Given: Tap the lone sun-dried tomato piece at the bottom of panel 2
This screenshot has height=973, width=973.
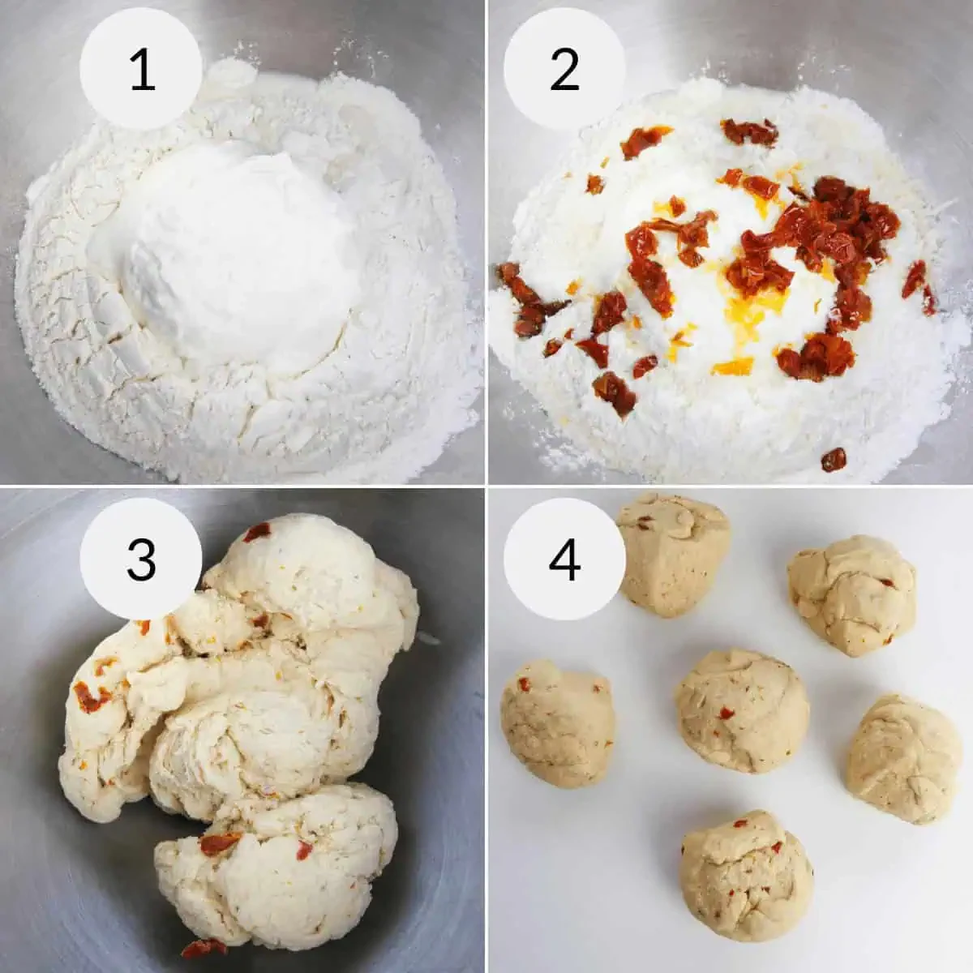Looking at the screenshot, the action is pyautogui.click(x=834, y=459).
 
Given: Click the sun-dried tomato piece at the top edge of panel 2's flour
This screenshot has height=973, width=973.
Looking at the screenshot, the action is pyautogui.click(x=750, y=132).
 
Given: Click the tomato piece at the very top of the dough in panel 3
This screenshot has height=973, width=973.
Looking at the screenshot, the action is pyautogui.click(x=258, y=532).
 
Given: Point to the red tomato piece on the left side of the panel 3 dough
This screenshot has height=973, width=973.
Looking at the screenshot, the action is pyautogui.click(x=92, y=697).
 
